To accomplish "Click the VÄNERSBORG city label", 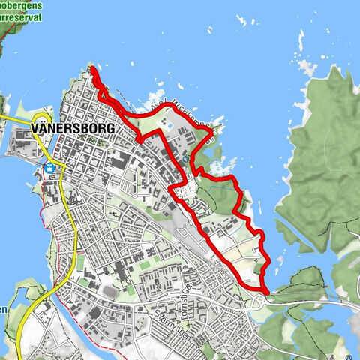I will point(73,129).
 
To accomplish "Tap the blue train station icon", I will point(49,169).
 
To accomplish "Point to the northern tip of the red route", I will point(93,69).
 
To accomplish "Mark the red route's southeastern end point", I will point(267,290).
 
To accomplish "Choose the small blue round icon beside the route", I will point(185,159).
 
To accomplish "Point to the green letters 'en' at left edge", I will point(4,309).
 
